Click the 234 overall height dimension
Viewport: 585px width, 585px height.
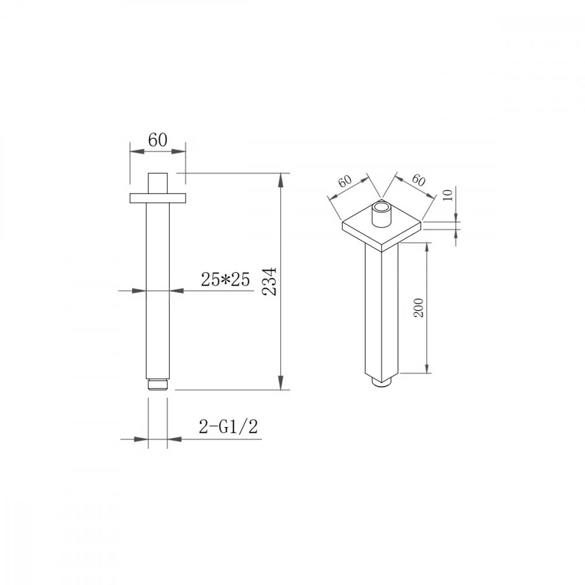[270, 281]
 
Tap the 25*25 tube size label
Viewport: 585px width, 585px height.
[225, 279]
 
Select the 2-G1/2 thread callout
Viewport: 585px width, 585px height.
[228, 426]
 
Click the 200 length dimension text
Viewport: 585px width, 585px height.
[419, 308]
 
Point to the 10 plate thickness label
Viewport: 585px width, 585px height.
[448, 195]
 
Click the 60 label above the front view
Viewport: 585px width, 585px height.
[157, 140]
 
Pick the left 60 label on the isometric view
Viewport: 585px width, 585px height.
[345, 181]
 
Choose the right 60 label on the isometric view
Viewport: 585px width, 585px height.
[419, 181]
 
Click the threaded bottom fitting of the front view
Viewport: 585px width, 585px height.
[158, 385]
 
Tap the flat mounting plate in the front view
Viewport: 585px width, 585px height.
[157, 198]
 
